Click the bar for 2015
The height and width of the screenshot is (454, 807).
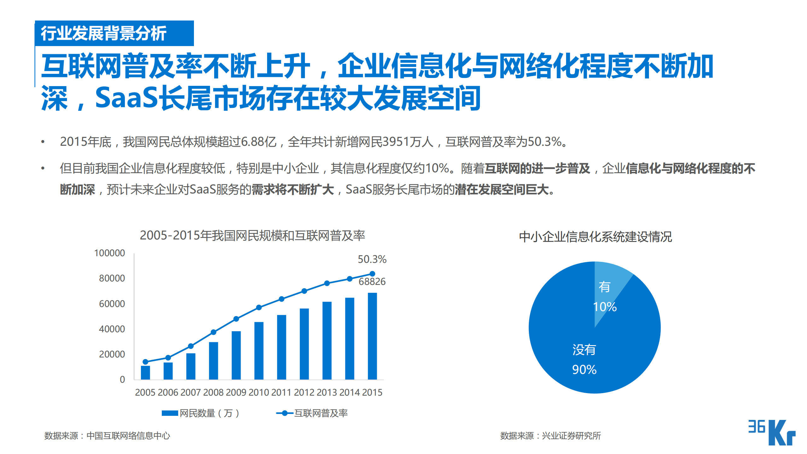(x=372, y=336)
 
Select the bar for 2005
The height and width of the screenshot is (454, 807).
(x=145, y=372)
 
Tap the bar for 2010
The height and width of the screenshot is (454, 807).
(x=259, y=351)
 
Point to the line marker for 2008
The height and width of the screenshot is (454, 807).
(x=213, y=332)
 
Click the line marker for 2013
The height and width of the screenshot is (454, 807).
(x=327, y=283)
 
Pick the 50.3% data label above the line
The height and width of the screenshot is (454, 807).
(x=372, y=259)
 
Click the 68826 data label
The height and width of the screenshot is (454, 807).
(x=372, y=281)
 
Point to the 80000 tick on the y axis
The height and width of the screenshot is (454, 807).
(x=112, y=278)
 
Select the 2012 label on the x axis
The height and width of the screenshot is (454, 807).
(x=304, y=392)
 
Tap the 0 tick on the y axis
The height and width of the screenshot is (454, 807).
(x=122, y=380)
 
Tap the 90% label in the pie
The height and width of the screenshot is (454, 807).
(x=584, y=370)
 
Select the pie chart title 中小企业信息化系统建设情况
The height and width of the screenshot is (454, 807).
(x=595, y=237)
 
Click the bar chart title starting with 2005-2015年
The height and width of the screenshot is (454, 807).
(x=252, y=236)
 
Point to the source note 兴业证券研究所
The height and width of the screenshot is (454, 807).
(x=571, y=436)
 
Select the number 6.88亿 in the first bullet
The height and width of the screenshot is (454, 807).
(x=259, y=142)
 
